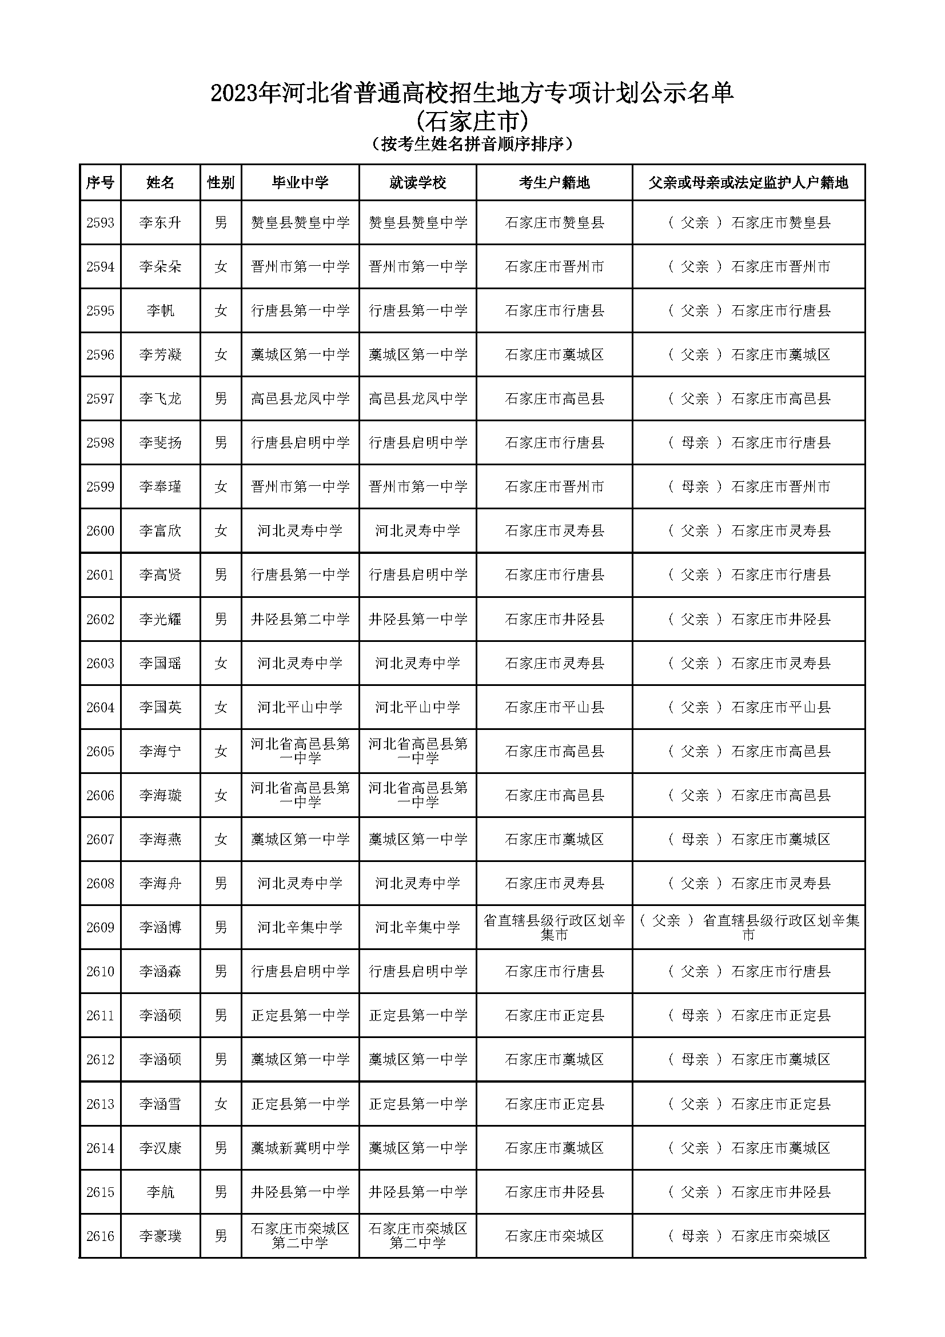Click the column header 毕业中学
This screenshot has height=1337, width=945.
[300, 183]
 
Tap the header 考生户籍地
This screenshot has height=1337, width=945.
[554, 183]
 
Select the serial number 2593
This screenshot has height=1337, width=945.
[100, 222]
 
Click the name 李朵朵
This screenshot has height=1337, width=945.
[160, 267]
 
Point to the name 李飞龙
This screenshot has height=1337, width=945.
[160, 399]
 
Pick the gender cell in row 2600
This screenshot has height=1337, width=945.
[221, 531]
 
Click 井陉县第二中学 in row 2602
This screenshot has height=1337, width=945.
[300, 619]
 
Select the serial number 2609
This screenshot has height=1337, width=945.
[100, 928]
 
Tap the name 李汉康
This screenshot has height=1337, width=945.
[160, 1148]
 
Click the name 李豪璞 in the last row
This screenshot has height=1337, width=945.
[160, 1236]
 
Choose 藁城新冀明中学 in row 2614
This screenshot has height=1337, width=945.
[300, 1148]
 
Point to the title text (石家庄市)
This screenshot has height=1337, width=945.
[472, 121]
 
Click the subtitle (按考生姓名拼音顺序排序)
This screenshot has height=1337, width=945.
[472, 144]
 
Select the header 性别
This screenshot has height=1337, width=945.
[221, 183]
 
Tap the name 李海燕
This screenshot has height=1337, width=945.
[160, 840]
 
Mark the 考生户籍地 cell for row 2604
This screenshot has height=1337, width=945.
[554, 708]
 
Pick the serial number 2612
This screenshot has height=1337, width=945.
[100, 1060]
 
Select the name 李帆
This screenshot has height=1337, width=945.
[160, 311]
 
